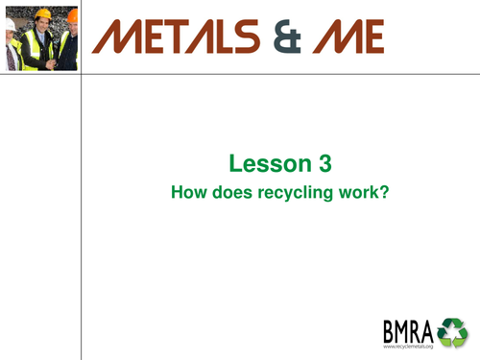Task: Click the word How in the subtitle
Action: (186, 191)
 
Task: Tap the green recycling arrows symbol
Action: (452, 330)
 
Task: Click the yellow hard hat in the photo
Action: (41, 14)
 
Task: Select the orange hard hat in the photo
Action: (72, 14)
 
